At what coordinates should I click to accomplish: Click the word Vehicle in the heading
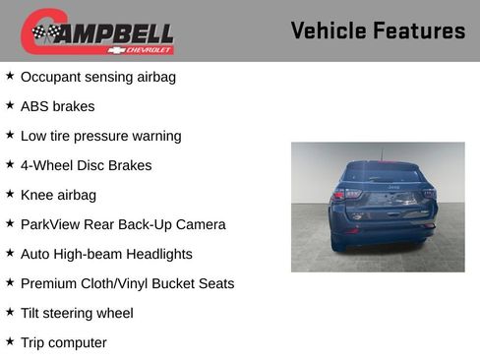328,30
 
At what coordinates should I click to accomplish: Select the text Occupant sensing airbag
98,77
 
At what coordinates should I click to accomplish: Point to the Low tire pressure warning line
100,136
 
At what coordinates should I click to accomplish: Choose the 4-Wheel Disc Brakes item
86,165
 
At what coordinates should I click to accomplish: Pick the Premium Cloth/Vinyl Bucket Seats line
127,283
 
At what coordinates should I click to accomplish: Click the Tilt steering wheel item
77,313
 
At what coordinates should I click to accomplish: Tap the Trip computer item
63,342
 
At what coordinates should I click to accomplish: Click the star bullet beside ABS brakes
10,104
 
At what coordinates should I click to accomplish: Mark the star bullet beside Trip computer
10,340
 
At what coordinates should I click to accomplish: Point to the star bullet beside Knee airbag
10,193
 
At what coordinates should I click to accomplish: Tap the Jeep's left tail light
341,195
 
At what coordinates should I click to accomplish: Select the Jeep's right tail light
427,193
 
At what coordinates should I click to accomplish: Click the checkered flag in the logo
43,33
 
